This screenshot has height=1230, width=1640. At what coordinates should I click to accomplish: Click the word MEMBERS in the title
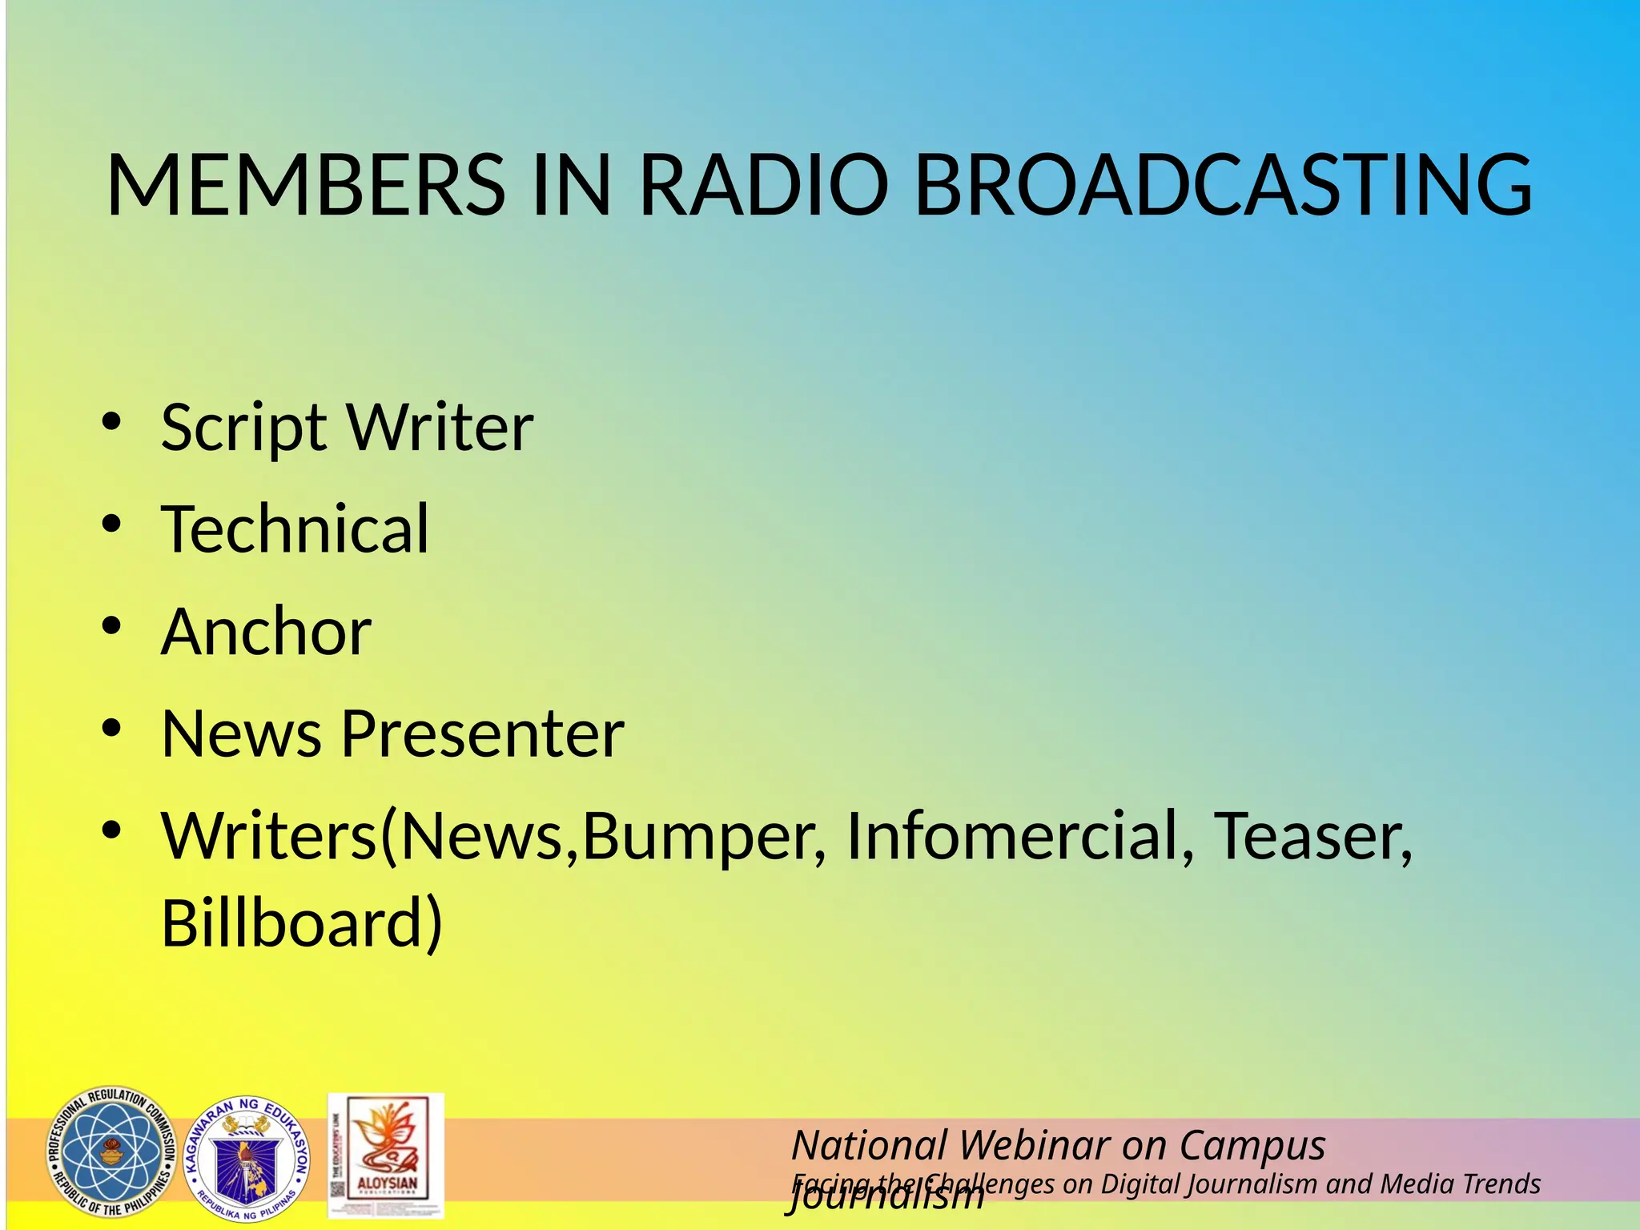click(305, 185)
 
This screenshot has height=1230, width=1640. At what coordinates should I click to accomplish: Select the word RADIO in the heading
click(763, 185)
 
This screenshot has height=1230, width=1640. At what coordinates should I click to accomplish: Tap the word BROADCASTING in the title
click(1222, 185)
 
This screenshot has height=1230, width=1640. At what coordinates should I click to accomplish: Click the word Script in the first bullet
click(243, 428)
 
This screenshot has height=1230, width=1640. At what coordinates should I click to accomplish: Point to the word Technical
click(295, 529)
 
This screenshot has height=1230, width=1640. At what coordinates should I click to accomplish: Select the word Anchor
click(266, 632)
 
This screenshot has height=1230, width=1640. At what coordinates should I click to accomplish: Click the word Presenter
click(482, 734)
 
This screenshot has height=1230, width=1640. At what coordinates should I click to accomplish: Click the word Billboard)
click(302, 923)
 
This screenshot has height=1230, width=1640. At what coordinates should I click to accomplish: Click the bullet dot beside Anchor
click(111, 625)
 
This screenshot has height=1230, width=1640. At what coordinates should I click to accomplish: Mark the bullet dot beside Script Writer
click(111, 421)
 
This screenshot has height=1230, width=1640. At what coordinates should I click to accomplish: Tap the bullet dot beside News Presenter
click(111, 728)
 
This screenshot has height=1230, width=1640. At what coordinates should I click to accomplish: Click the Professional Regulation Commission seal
click(111, 1152)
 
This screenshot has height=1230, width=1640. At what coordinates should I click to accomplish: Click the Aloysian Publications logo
click(386, 1156)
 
